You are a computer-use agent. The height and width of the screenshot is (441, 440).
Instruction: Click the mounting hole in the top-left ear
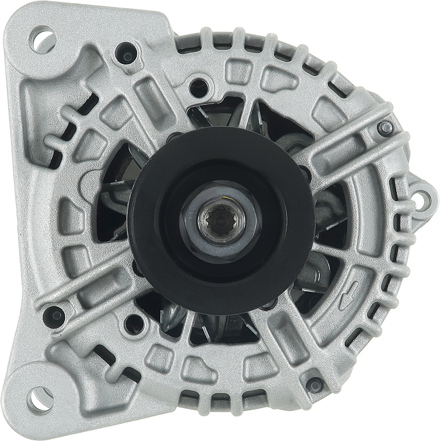coord(43,40)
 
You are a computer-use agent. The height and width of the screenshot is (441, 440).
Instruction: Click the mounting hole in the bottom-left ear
coord(40,399)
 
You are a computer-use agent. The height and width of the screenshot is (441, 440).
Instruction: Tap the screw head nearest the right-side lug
coord(385,128)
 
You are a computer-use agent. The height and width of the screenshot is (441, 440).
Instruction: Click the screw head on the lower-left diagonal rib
coord(55,317)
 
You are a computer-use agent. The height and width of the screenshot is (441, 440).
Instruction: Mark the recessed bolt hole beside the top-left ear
coord(127,54)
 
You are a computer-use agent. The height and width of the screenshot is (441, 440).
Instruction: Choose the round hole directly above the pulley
coord(199,87)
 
